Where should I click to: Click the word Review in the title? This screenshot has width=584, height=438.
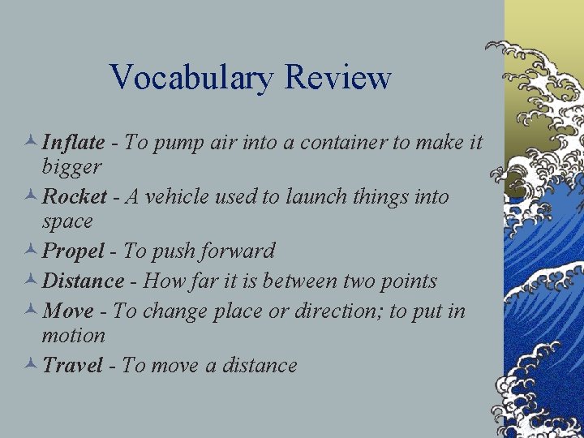tap(338, 79)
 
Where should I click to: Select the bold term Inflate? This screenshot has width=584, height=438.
tap(73, 143)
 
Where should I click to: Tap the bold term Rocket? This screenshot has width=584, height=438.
tap(75, 196)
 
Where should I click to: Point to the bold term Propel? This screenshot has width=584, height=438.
tap(73, 251)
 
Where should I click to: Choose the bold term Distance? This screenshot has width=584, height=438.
tap(83, 281)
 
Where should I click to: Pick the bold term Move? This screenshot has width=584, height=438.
tap(67, 311)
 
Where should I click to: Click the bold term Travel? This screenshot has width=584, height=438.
tap(72, 366)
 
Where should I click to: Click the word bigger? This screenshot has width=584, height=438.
tap(71, 168)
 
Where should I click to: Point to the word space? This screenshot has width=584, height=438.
tap(67, 221)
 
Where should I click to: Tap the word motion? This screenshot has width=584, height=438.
tap(74, 335)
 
